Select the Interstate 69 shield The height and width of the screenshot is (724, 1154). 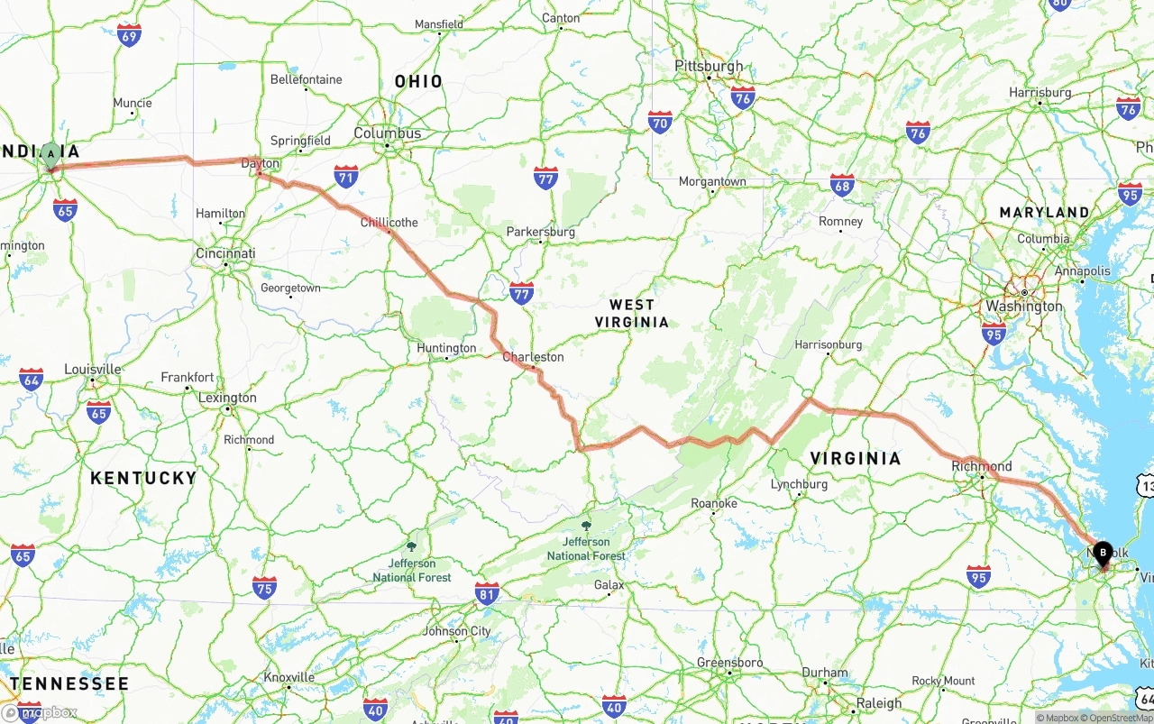[x=129, y=35]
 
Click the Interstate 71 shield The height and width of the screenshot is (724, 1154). [x=345, y=176]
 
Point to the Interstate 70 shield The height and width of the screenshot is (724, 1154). [x=660, y=122]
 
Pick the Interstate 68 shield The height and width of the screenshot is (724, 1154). [x=842, y=186]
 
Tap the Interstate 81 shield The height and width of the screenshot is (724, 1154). [x=488, y=592]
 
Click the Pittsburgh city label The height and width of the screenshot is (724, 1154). [x=710, y=66]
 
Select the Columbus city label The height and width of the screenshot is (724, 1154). [x=388, y=133]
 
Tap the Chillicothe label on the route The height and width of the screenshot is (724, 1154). [x=389, y=222]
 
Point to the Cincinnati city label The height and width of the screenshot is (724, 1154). [x=225, y=253]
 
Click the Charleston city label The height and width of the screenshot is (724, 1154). [x=533, y=357]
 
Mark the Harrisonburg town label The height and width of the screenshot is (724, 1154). [x=828, y=344]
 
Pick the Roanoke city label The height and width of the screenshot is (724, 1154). [x=714, y=503]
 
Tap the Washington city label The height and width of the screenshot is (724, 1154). [x=1024, y=306]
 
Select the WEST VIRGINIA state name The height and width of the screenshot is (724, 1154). [x=632, y=313]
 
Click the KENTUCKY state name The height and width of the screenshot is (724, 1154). [x=143, y=478]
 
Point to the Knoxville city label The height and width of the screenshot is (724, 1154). [x=289, y=677]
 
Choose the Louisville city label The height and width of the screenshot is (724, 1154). [x=93, y=369]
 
